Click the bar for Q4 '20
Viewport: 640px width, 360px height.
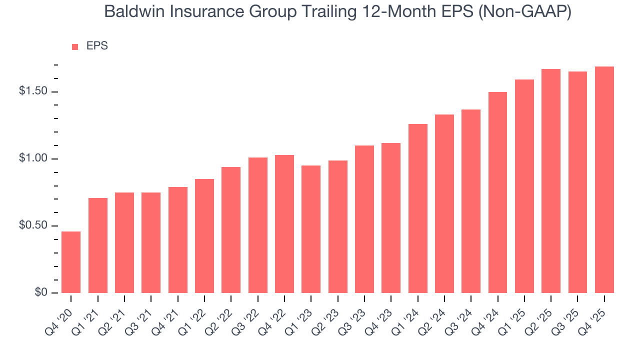[71, 262]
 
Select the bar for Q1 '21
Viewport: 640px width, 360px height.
[98, 245]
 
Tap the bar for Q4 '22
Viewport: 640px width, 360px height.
[284, 223]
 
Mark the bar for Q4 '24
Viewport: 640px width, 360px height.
[497, 192]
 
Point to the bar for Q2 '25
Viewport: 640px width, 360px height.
[551, 180]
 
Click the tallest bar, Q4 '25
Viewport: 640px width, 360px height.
[604, 179]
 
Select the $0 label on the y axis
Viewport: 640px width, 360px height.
[41, 292]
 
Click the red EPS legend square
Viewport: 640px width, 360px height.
[75, 46]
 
